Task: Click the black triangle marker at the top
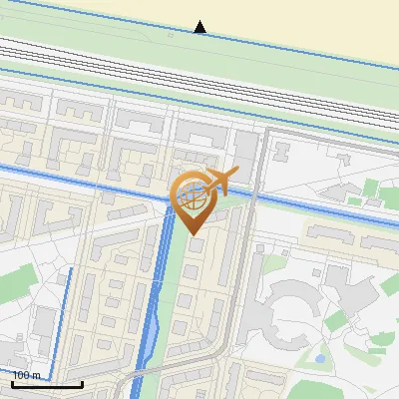pos(200,27)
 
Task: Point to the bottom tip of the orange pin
pos(193,234)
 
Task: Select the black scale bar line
pos(46,383)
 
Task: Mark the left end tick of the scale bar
pos(12,382)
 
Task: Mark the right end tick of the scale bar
pos(81,382)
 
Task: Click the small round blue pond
pos(319,357)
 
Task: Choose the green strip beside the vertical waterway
pos(171,289)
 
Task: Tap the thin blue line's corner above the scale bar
pos(71,269)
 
